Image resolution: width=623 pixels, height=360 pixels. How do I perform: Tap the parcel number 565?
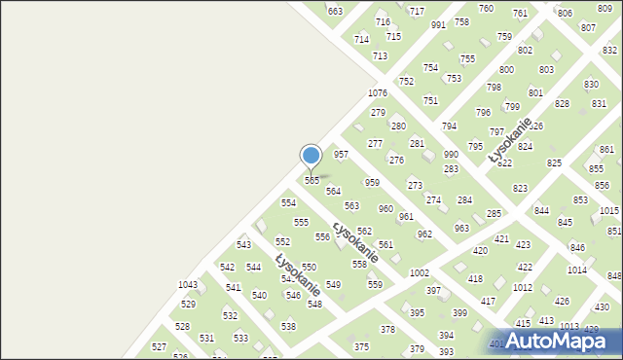[x=312, y=181]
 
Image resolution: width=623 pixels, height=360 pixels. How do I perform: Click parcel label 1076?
[x=378, y=92]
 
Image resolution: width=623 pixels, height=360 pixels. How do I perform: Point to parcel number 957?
[x=341, y=155]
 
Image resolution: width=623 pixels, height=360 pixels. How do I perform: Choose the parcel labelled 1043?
[x=188, y=285]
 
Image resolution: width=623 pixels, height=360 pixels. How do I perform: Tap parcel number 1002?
[x=420, y=274]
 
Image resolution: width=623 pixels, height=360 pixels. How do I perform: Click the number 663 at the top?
[x=335, y=11]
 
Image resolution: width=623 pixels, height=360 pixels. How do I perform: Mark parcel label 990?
[x=451, y=155]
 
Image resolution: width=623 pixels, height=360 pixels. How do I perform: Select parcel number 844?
[x=541, y=211]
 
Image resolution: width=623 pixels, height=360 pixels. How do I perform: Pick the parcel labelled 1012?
[x=523, y=288]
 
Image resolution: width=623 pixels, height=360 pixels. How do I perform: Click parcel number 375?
[x=361, y=347]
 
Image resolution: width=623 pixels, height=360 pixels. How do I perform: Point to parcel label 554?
[x=288, y=203]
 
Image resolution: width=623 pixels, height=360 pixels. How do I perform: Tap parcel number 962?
[x=424, y=234]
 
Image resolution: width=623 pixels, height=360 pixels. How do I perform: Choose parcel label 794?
[x=449, y=126]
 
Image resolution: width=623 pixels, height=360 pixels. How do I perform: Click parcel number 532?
[x=230, y=316]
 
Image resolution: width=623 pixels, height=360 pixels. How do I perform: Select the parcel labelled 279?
[x=378, y=113]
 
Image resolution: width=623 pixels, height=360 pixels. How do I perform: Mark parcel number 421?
[x=502, y=239]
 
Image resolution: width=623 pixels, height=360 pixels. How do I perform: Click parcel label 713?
[x=380, y=56]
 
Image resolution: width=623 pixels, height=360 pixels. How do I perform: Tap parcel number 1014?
[x=577, y=270]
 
